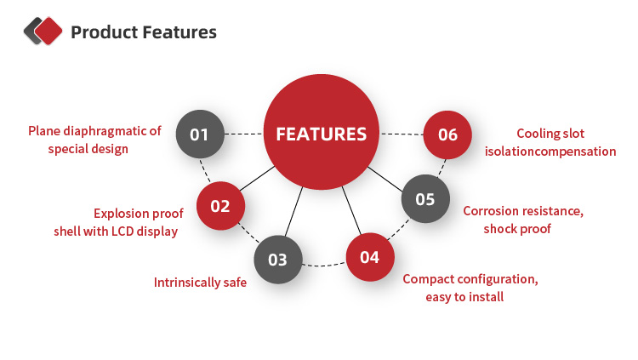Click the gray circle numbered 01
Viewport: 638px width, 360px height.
199,134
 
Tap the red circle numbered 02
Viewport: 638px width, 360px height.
220,205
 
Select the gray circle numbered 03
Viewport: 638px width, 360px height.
278,260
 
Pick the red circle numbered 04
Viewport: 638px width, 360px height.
369,256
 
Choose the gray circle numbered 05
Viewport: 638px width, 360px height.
424,199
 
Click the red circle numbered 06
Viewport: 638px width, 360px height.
447,134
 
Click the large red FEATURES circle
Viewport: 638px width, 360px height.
321,134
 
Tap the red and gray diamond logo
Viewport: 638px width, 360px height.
43,31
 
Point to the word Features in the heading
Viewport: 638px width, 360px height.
178,33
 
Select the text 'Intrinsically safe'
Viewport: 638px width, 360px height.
200,282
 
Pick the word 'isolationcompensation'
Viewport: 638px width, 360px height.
550,151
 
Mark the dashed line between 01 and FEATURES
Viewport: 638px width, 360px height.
243,134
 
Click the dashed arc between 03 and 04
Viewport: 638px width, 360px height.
323,266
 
